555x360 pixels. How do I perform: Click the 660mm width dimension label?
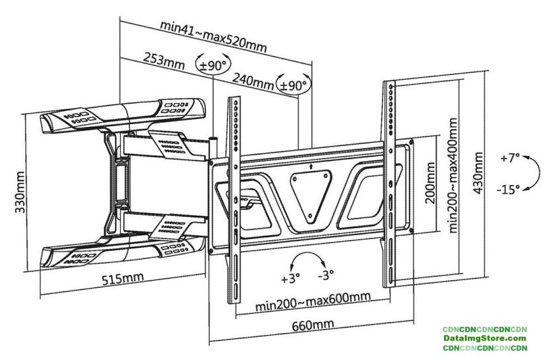pos(311,325)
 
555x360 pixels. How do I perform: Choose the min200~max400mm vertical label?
pos(453,176)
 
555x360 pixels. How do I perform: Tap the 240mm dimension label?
pos(254,81)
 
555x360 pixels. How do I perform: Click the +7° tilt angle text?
pos(509,159)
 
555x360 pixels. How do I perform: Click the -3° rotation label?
pos(325,275)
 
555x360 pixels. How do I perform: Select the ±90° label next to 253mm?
pos(213,65)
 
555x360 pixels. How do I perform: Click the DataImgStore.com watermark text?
pos(484,338)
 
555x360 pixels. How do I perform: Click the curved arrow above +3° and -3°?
pos(307,258)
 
